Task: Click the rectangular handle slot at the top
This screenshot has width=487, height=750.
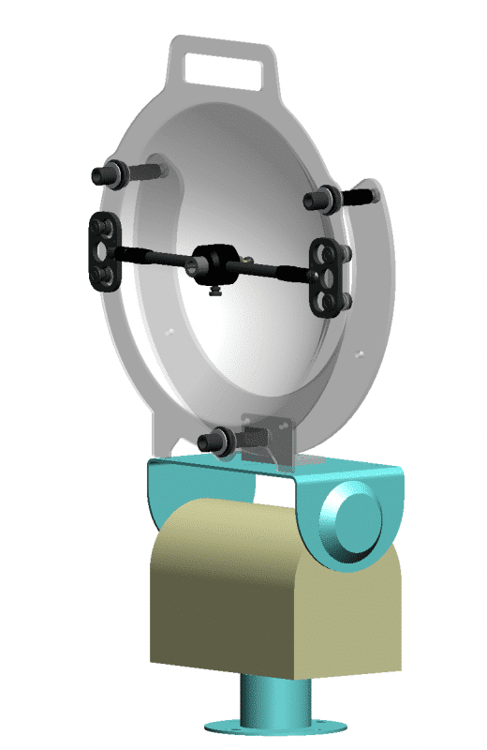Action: click(x=225, y=67)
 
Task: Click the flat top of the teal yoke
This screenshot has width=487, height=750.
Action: click(x=281, y=466)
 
